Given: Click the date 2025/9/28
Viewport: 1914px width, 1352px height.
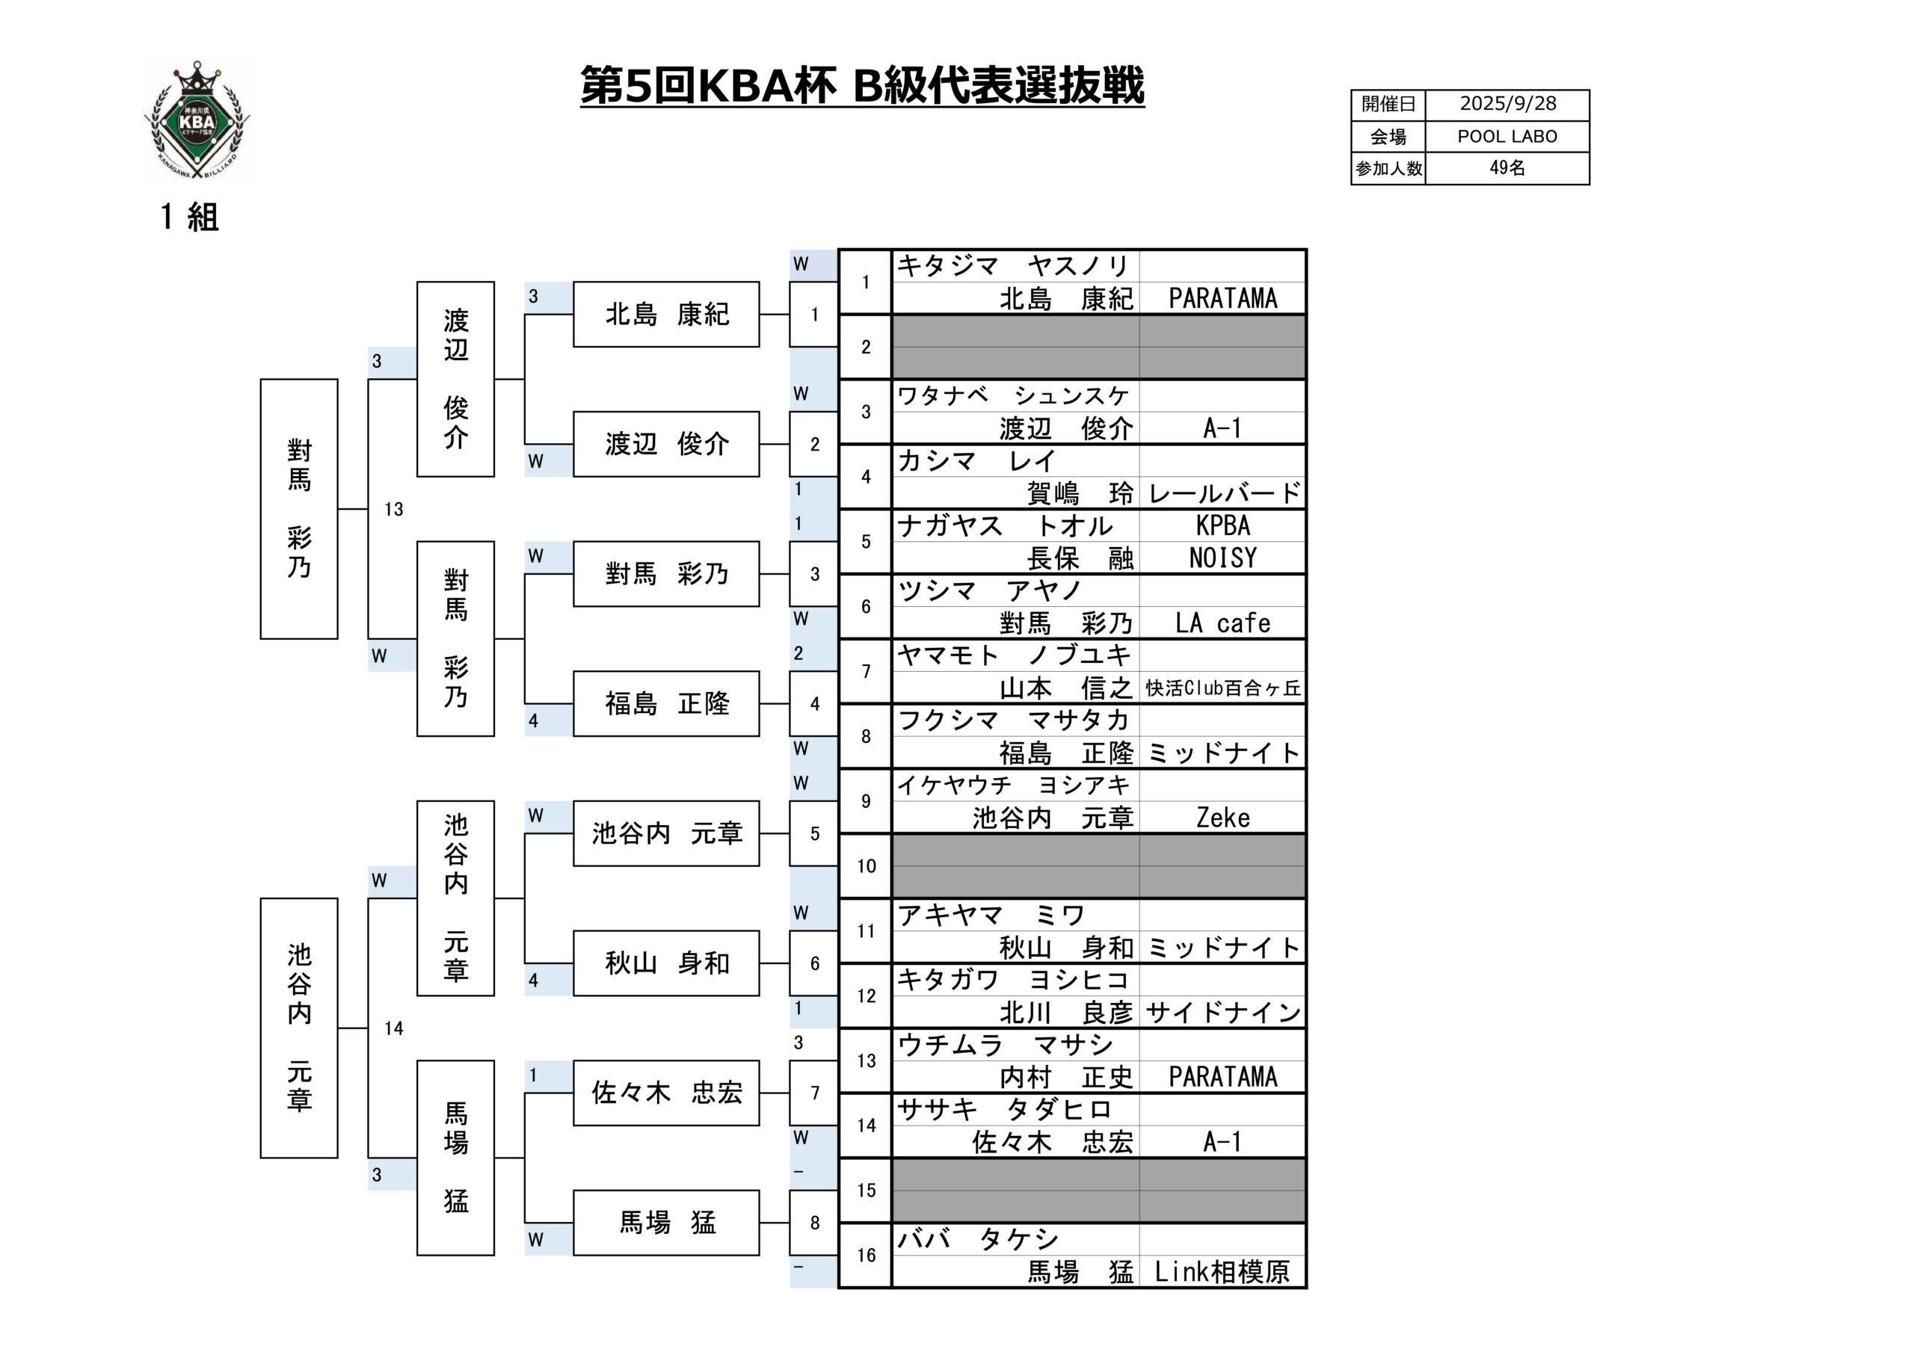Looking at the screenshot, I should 1507,104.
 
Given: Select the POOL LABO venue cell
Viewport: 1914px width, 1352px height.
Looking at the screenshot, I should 1507,137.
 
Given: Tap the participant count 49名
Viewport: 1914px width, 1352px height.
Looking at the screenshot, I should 1507,168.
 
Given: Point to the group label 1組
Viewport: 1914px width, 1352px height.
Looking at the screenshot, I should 189,217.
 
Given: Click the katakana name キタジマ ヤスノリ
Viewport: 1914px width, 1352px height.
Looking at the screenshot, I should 1014,266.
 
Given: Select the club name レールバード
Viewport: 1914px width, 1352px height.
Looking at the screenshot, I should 1223,493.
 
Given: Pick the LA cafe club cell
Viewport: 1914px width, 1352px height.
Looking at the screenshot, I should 1223,623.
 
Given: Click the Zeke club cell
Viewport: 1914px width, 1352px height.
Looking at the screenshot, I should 1223,818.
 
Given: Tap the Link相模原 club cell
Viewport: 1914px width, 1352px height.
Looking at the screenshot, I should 1223,1272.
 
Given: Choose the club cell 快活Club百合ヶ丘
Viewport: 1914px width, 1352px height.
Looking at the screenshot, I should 1223,688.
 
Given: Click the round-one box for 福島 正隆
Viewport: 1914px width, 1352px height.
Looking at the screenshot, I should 666,704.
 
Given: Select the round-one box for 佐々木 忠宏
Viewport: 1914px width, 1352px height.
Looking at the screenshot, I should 666,1093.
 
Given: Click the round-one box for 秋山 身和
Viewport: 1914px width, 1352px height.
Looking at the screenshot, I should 666,963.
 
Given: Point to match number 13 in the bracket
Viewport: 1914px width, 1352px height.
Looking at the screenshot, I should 393,509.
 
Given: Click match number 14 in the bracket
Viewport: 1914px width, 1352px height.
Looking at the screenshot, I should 393,1028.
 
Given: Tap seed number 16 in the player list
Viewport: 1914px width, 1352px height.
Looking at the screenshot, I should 866,1256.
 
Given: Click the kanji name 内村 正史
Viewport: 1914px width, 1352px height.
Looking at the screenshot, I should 1066,1078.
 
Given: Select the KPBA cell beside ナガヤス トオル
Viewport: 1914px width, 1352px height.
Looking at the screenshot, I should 1223,526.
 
